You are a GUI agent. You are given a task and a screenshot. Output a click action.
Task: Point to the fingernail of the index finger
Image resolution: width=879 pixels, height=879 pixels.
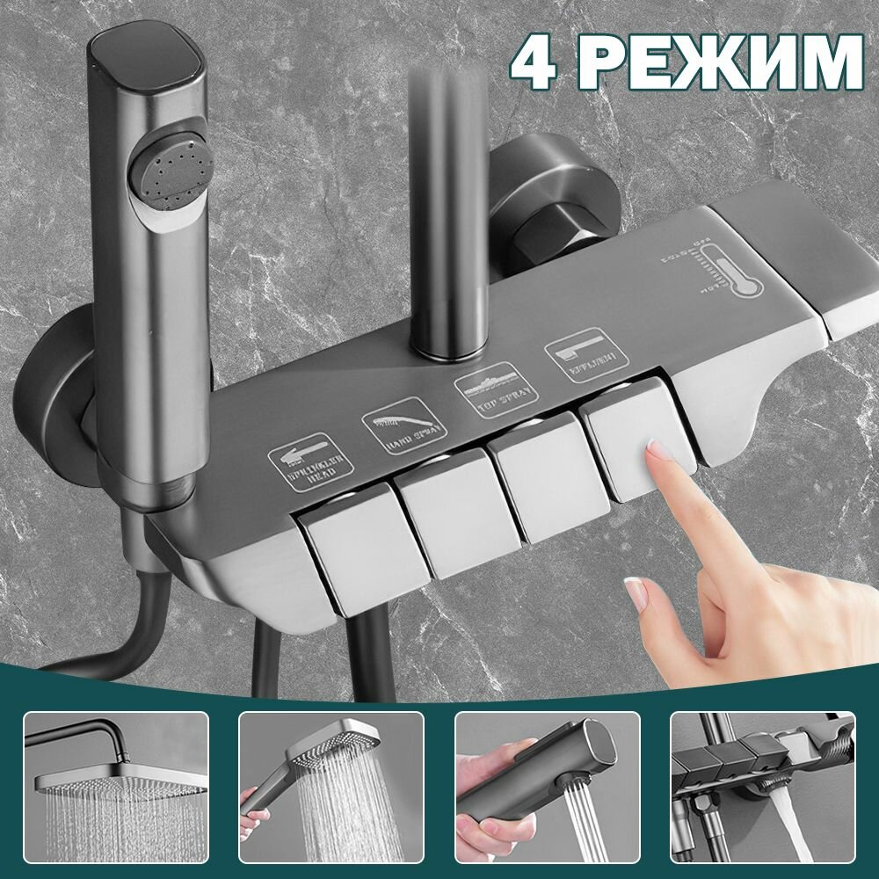point(657,454)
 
